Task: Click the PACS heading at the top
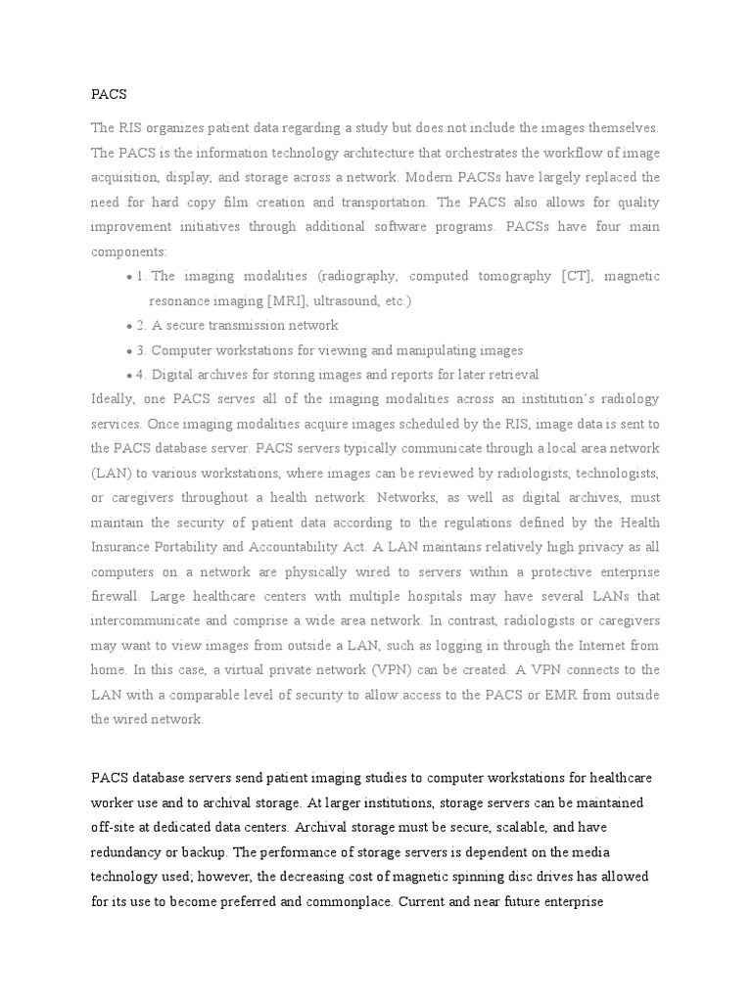(x=109, y=95)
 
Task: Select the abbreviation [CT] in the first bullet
(x=577, y=277)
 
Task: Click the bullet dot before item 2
(x=130, y=327)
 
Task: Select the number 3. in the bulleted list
(x=143, y=351)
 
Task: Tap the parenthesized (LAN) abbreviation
(x=108, y=474)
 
